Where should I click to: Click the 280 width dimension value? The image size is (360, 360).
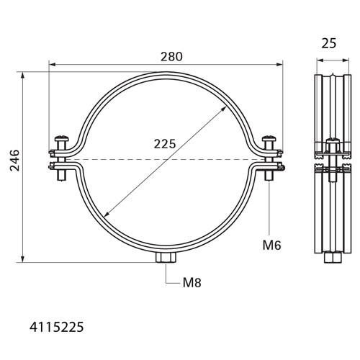pyautogui.click(x=171, y=57)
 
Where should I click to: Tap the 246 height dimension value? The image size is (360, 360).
pyautogui.click(x=14, y=161)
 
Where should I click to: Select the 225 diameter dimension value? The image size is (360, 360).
pyautogui.click(x=165, y=144)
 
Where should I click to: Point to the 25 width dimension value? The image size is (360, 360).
pyautogui.click(x=329, y=43)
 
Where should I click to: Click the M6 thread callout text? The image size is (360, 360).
pyautogui.click(x=271, y=246)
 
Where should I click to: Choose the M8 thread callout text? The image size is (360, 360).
pyautogui.click(x=192, y=283)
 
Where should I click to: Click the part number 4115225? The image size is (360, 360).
pyautogui.click(x=57, y=327)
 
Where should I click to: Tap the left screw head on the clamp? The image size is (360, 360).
pyautogui.click(x=62, y=139)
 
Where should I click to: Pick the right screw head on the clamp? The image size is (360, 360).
pyautogui.click(x=269, y=139)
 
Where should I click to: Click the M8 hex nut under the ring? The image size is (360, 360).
pyautogui.click(x=166, y=258)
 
